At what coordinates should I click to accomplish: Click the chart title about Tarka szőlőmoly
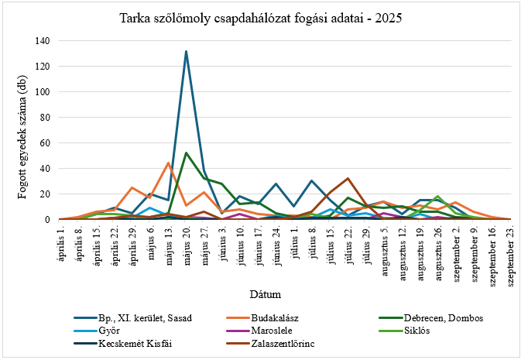point(260,17)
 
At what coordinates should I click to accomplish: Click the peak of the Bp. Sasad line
point(187,52)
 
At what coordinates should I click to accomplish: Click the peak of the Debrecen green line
point(187,153)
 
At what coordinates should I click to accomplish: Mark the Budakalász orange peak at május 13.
point(168,163)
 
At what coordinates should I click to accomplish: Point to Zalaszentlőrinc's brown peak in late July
point(348,179)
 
